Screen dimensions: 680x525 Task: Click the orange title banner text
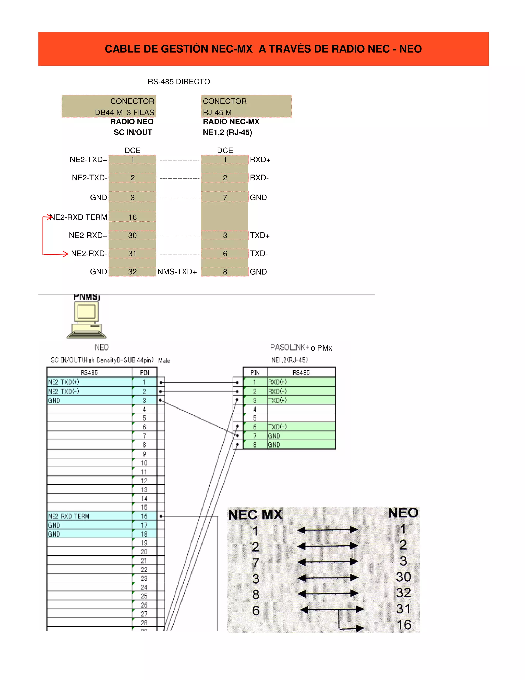click(x=263, y=49)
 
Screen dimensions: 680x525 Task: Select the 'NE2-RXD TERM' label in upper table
click(x=78, y=217)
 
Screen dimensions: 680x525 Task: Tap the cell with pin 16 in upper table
click(x=133, y=217)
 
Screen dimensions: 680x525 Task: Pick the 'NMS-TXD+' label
click(x=177, y=272)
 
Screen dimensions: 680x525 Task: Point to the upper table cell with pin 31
click(x=133, y=254)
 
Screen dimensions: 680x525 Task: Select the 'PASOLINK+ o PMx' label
click(x=301, y=347)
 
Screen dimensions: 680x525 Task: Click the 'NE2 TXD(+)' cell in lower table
click(x=89, y=382)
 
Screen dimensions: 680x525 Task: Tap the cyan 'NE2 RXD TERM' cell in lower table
click(x=89, y=516)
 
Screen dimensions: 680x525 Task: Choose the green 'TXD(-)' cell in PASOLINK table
click(x=301, y=427)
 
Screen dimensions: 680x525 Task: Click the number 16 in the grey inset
click(x=404, y=625)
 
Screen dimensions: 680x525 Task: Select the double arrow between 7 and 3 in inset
click(x=328, y=562)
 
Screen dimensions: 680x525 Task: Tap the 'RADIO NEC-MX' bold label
click(x=231, y=122)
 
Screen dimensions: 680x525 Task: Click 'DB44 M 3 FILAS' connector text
click(x=124, y=112)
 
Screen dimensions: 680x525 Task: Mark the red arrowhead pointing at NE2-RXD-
click(x=65, y=254)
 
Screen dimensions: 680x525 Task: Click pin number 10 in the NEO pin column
click(x=144, y=463)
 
